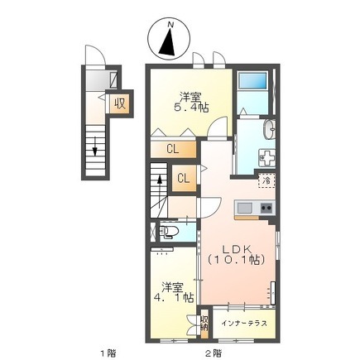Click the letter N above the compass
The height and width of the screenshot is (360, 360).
coord(170,24)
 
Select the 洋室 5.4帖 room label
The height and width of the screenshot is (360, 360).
coord(191,103)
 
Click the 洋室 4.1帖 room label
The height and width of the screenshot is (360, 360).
coord(173,292)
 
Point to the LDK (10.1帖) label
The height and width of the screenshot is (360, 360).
coord(237,254)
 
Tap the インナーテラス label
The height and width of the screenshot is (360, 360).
coord(244,324)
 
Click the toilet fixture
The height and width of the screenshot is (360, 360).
coord(166,232)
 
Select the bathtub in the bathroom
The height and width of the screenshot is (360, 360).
coord(253,80)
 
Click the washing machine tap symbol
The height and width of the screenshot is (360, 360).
coord(266,158)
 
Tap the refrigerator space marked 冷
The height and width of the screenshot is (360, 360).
coord(266,180)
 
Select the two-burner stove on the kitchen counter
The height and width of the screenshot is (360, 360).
coord(267,208)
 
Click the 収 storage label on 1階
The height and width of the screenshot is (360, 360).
coord(120,103)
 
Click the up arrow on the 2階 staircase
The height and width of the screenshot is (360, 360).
coord(160,190)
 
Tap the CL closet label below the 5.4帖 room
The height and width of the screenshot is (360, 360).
coord(173,149)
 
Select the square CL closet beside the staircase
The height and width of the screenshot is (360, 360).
coord(184,179)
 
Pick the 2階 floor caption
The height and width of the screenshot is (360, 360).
coord(214,353)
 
